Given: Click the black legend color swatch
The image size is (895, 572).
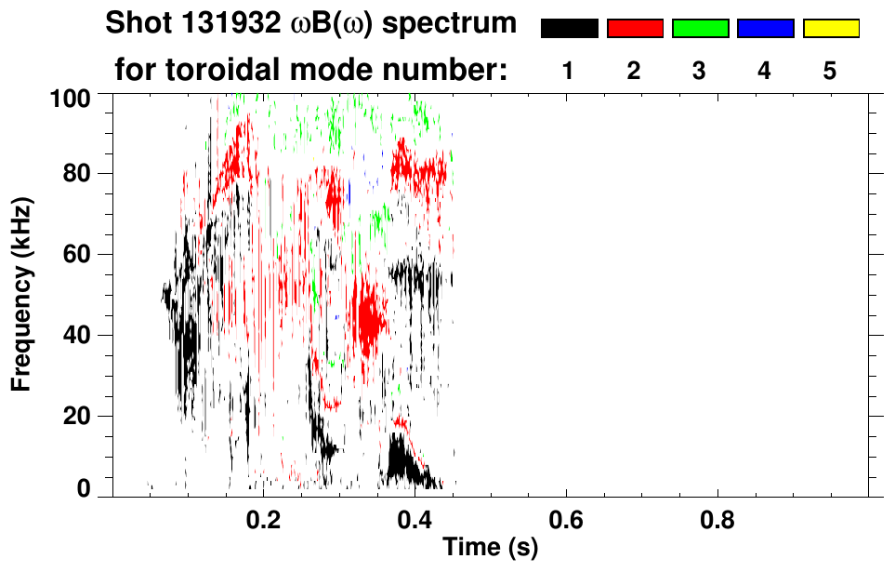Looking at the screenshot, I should (x=569, y=29).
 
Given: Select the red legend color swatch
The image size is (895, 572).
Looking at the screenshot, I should (x=635, y=29).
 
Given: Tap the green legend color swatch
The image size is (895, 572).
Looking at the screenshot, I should (x=700, y=29).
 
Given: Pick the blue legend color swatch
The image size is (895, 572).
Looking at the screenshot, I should (x=765, y=29).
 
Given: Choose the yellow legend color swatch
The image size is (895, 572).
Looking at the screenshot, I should (x=831, y=29).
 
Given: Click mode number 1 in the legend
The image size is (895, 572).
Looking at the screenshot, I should (x=568, y=72).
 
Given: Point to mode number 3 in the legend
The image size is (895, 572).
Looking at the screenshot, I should (x=699, y=72).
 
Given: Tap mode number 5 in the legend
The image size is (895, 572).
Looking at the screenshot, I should (x=830, y=72).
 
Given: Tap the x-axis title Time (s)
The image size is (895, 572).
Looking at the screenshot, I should (x=489, y=548).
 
